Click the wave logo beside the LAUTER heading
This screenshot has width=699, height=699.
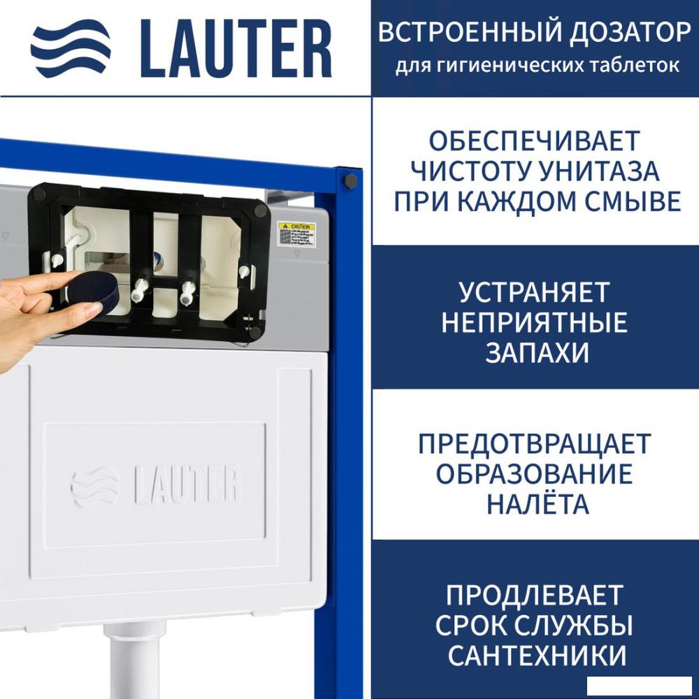(x=71, y=48)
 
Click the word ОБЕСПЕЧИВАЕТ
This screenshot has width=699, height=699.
(x=535, y=140)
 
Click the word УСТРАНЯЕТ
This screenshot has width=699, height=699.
(x=535, y=292)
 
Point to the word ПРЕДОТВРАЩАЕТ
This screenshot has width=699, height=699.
(x=535, y=444)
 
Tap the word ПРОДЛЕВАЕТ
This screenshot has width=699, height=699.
(x=535, y=596)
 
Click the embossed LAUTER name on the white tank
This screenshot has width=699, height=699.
(x=187, y=484)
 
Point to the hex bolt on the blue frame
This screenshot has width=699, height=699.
(x=349, y=180)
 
